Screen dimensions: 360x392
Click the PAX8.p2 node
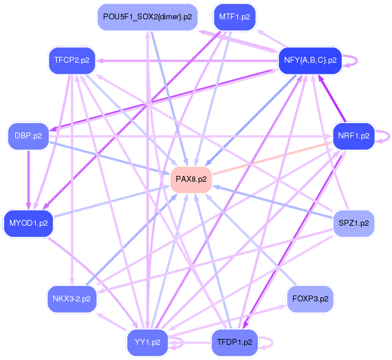(x=190, y=179)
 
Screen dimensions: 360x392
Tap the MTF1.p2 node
(x=234, y=16)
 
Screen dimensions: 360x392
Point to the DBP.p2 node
(x=28, y=135)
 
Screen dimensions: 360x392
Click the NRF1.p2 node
(x=353, y=135)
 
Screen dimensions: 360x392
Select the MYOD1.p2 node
(x=28, y=223)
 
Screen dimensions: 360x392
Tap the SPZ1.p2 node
(x=353, y=223)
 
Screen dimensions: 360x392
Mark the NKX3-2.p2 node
(x=71, y=298)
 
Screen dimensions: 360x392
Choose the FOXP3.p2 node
(x=310, y=298)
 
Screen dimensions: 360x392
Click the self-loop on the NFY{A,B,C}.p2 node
(x=350, y=59)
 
